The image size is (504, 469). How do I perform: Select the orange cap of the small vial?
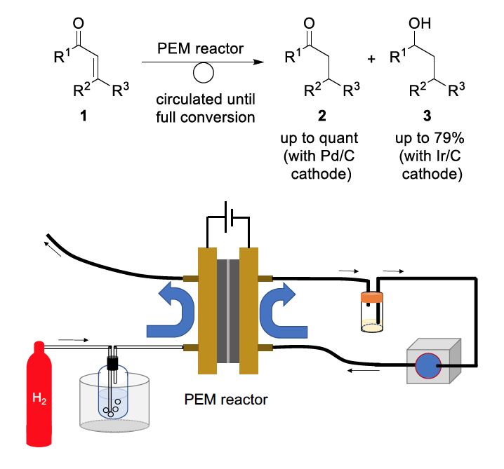(x=372, y=297)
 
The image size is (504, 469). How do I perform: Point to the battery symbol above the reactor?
(x=226, y=219)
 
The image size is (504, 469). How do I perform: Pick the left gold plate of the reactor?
(x=206, y=311)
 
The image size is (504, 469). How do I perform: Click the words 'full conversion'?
(x=206, y=117)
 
